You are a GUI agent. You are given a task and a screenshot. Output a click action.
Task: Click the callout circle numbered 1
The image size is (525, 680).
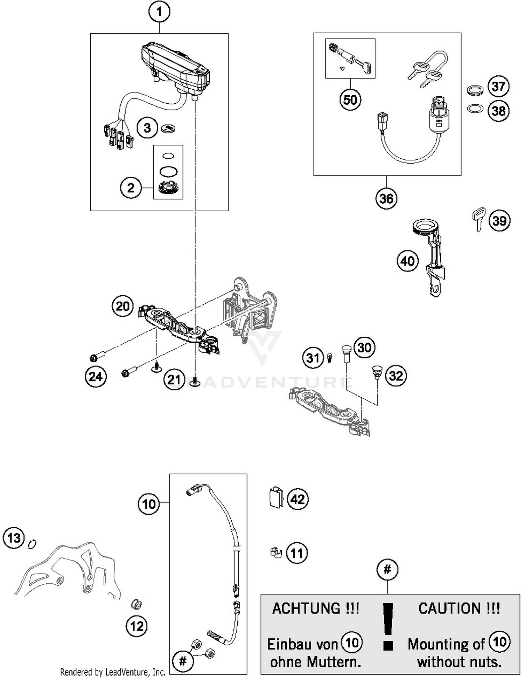pyautogui.click(x=159, y=12)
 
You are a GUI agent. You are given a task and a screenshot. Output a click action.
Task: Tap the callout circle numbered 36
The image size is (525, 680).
pyautogui.click(x=386, y=199)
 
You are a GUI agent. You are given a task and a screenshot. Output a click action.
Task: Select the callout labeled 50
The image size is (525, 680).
pyautogui.click(x=350, y=100)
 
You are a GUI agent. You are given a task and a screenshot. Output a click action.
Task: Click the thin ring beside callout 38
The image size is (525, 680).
pyautogui.click(x=475, y=109)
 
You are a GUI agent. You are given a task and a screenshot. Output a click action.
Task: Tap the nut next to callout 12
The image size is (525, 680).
pyautogui.click(x=136, y=604)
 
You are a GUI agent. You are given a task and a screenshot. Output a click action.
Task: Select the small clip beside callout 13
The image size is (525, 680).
pyautogui.click(x=33, y=543)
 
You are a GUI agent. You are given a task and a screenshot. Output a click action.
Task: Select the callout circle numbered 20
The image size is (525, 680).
pyautogui.click(x=122, y=307)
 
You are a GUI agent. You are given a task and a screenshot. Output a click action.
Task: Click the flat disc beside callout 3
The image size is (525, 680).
pyautogui.click(x=168, y=128)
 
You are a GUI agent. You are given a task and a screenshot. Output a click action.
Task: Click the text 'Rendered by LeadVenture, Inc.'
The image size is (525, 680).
pyautogui.click(x=113, y=672)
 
